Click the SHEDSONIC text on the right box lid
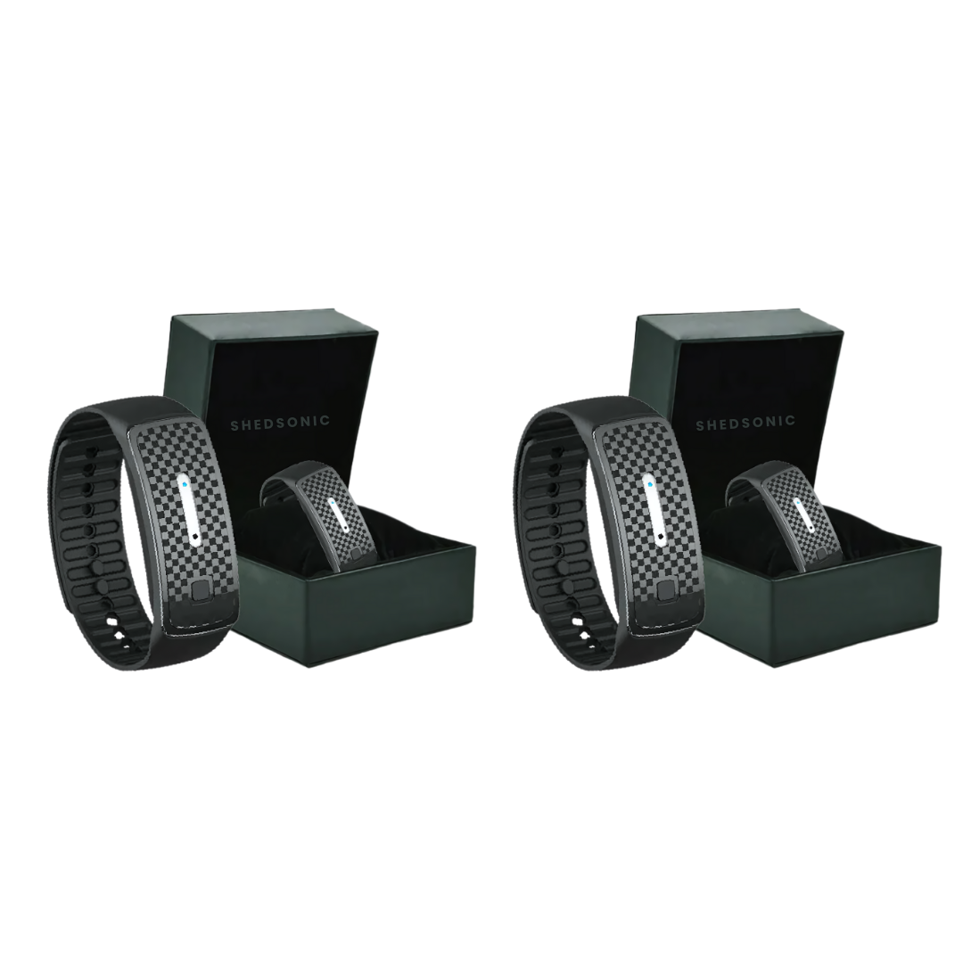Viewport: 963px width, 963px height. pos(745,423)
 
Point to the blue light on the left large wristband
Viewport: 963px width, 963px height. pos(183,483)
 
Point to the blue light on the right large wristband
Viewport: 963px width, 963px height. pos(648,483)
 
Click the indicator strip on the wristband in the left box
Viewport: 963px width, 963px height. pos(339,514)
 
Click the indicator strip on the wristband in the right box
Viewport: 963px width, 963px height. pos(804,514)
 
